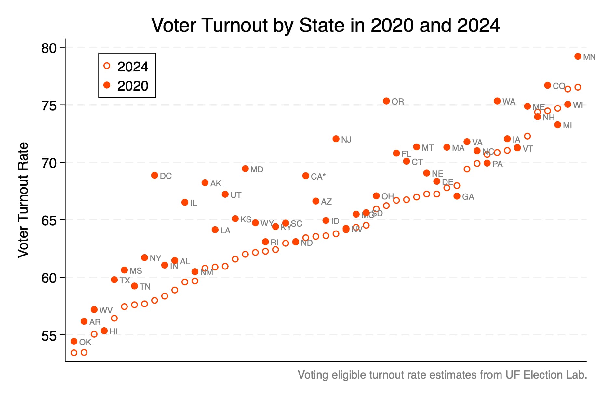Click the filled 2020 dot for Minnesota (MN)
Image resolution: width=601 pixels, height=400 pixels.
click(578, 56)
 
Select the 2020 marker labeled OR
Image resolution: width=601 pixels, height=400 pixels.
click(386, 101)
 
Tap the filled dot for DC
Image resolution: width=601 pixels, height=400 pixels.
click(154, 175)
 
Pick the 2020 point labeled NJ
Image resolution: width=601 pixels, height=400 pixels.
click(336, 139)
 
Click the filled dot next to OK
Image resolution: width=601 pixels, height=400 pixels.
click(74, 341)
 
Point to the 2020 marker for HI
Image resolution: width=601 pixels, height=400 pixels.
click(104, 331)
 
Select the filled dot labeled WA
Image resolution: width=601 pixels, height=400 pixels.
click(497, 101)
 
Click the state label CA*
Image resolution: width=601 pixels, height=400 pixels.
click(318, 177)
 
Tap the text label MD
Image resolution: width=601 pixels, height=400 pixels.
click(257, 169)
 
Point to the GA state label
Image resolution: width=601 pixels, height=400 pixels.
click(468, 197)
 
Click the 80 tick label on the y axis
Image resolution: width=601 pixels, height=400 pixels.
click(49, 48)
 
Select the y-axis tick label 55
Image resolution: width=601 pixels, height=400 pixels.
click(49, 336)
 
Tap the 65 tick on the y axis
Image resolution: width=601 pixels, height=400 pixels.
click(49, 221)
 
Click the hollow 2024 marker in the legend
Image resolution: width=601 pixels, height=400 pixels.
click(107, 66)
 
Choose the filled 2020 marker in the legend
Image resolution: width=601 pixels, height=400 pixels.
click(107, 85)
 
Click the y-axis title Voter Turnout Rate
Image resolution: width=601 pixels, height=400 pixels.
click(23, 200)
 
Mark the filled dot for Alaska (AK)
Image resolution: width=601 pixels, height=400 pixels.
click(205, 183)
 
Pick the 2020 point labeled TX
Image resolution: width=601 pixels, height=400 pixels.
click(114, 280)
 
